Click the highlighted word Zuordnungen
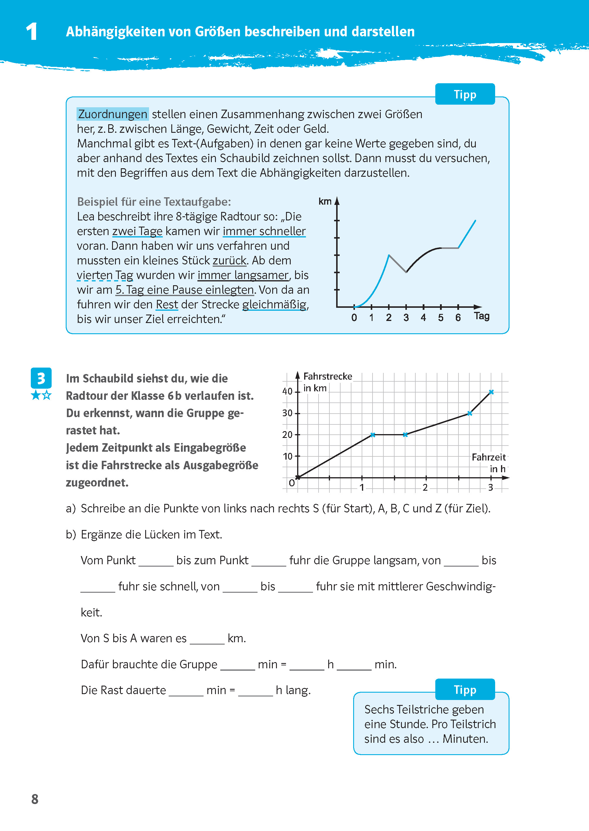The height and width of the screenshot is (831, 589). click(x=112, y=114)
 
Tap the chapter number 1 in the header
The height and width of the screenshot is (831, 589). click(x=32, y=32)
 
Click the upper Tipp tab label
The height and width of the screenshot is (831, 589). click(x=465, y=95)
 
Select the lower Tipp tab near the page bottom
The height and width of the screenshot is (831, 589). click(x=465, y=690)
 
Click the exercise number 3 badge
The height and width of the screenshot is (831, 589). click(x=41, y=378)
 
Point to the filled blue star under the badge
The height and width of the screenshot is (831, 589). click(x=35, y=395)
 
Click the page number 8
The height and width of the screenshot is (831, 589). click(x=35, y=799)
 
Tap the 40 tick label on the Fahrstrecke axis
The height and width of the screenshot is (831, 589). click(x=287, y=391)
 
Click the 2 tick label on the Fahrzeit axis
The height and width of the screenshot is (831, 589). click(x=425, y=488)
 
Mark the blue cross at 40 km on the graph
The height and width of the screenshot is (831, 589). click(x=491, y=392)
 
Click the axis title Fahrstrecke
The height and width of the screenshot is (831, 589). click(x=328, y=376)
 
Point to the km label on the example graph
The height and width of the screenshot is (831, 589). click(x=325, y=201)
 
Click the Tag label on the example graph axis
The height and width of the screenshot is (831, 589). click(x=482, y=316)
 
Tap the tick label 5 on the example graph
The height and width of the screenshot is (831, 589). click(x=441, y=318)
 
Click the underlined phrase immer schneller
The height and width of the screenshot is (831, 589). click(x=264, y=231)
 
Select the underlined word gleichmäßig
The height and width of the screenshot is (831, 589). click(x=274, y=305)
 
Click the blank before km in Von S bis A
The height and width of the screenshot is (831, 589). click(x=207, y=638)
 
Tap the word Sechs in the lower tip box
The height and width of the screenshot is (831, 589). click(x=379, y=709)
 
